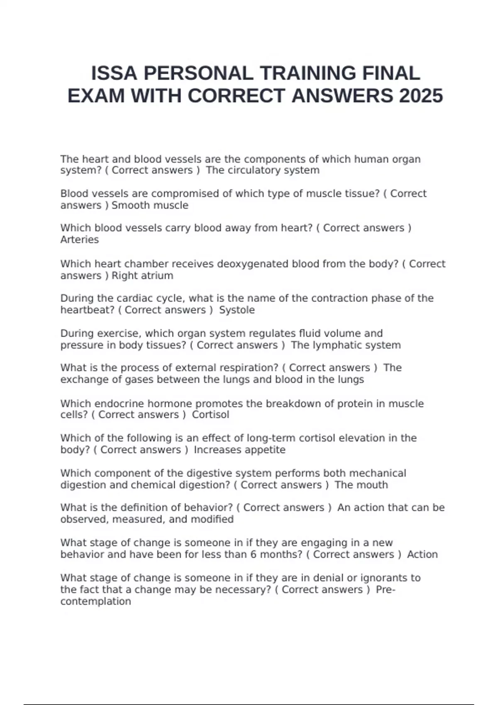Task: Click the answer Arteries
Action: [80, 240]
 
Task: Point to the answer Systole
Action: [237, 310]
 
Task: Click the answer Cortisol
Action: [210, 415]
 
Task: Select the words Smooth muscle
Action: [150, 205]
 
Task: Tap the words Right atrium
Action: [142, 276]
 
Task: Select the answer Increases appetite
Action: [239, 450]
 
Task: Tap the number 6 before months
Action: [253, 555]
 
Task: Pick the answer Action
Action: [422, 555]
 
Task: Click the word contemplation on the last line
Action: [95, 602]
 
